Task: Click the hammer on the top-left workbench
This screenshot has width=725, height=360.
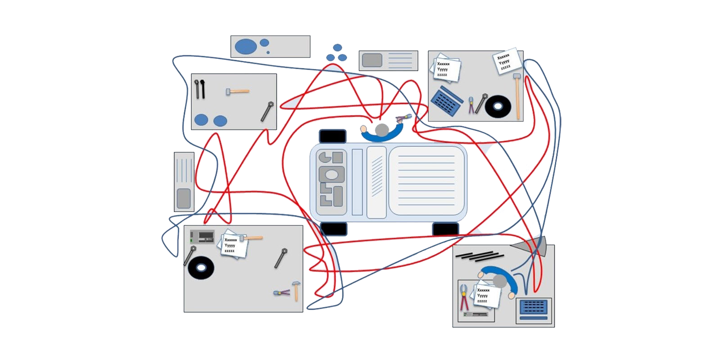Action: point(237,92)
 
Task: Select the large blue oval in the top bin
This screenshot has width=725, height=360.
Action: point(246,47)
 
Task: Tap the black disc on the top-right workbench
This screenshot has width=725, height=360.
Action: point(498,106)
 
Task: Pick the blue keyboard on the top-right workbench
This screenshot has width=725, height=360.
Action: point(447,101)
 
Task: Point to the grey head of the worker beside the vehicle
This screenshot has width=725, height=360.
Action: point(382,129)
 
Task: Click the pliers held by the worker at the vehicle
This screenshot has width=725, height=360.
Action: point(404,118)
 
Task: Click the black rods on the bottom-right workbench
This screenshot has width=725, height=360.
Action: point(479,256)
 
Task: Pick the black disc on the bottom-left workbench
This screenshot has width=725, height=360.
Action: point(201,268)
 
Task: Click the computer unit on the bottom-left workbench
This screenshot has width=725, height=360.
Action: point(202,237)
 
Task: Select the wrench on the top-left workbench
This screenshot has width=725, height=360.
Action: point(267,111)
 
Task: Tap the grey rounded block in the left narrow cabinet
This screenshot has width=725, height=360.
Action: point(184,198)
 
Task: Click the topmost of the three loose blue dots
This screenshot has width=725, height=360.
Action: point(337,47)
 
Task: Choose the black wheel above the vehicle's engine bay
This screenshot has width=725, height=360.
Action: point(332,136)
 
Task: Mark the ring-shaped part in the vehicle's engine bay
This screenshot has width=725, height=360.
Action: point(331,175)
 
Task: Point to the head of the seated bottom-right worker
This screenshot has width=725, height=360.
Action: point(499,281)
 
